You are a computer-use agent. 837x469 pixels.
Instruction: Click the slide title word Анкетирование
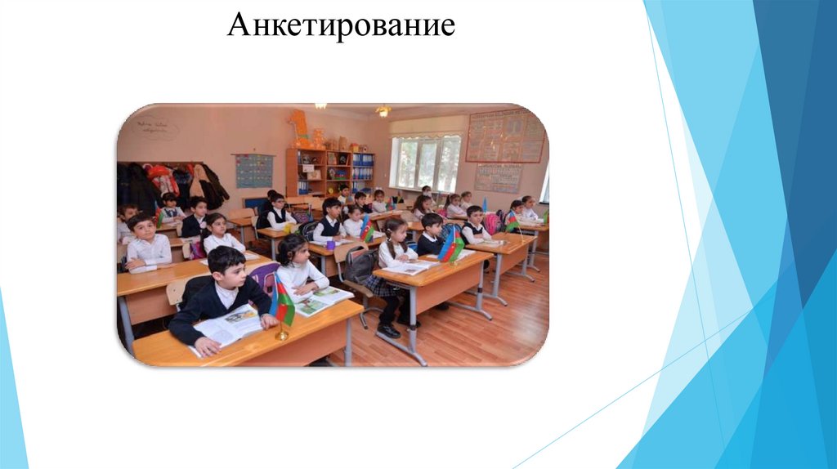coord(341,25)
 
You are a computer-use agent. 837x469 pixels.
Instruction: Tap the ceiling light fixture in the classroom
coord(383,110)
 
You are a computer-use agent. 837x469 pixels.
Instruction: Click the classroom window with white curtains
coord(425,162)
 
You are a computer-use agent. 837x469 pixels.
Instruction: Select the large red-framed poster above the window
coord(504,136)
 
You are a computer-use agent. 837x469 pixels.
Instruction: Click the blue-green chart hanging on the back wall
coord(254,171)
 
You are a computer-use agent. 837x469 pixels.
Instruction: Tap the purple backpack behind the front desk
coord(265,278)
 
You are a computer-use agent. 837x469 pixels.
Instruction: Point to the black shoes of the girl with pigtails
coord(390,329)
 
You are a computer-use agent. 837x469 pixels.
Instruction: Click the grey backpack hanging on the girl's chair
coord(360,266)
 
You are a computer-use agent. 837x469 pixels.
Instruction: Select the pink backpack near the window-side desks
coord(492,222)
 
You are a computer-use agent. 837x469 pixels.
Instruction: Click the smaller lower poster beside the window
coord(498,177)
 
